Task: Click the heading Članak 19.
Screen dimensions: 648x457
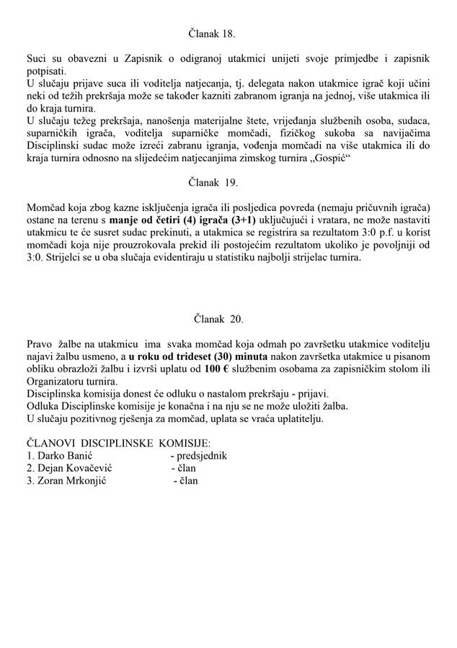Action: click(x=213, y=183)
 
